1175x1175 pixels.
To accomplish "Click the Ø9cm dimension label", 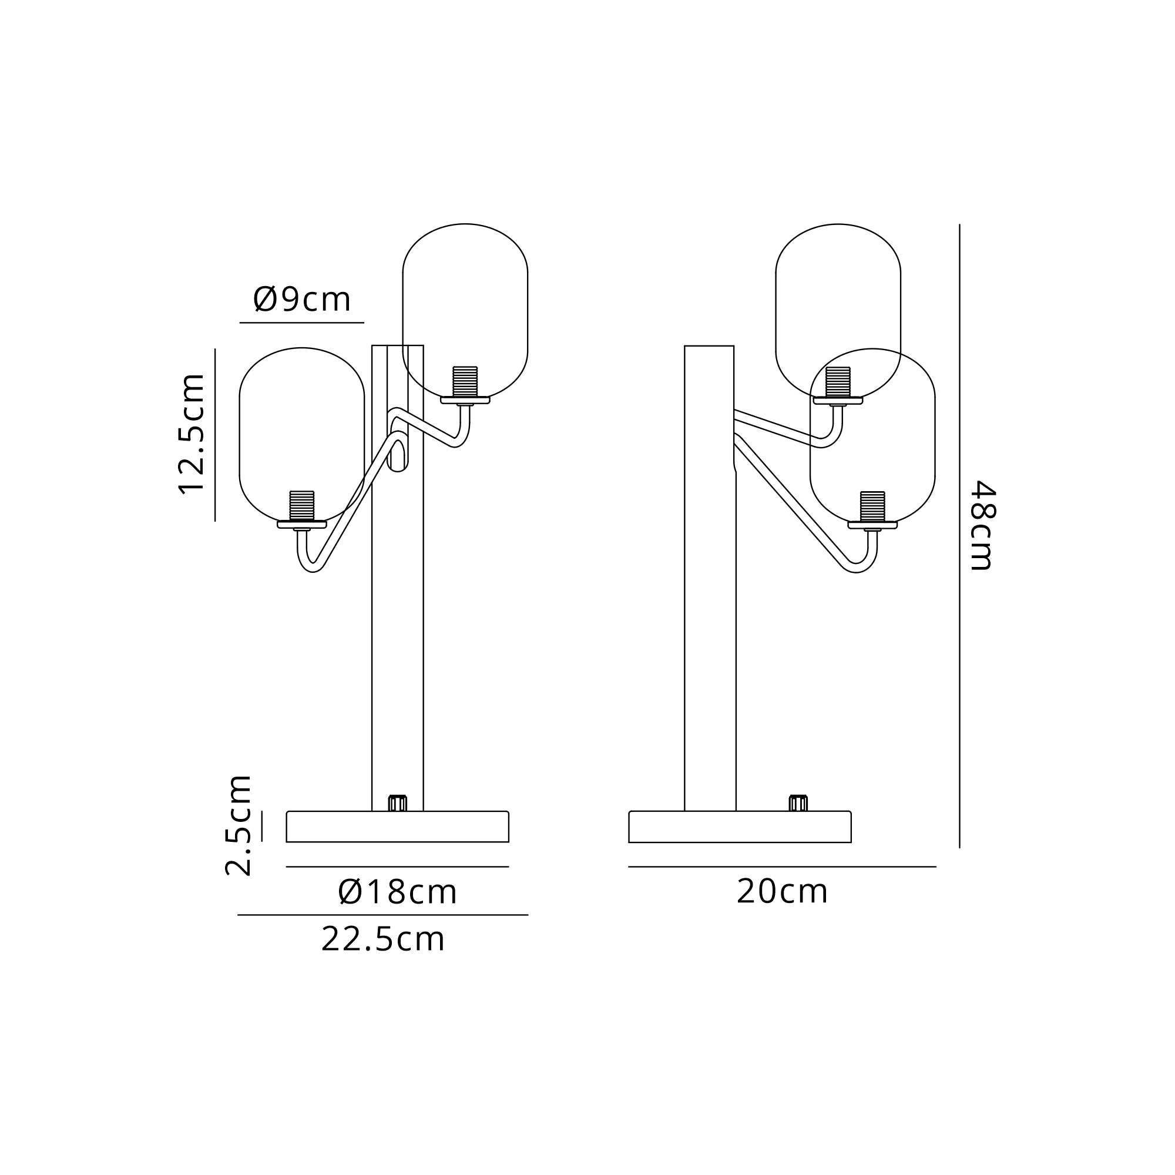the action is point(301,299).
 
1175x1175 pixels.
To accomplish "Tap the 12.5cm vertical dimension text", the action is point(192,434).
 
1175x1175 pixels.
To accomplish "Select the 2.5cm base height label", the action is point(238,825).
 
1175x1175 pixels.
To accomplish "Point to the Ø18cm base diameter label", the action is point(397,892).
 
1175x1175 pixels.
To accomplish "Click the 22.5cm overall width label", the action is point(383,939).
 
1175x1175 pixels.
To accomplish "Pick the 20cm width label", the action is point(782,892).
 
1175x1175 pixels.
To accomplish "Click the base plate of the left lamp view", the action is point(398,827).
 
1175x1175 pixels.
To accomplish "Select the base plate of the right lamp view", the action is point(740,827).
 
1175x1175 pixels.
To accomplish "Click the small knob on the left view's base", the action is point(398,803).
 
